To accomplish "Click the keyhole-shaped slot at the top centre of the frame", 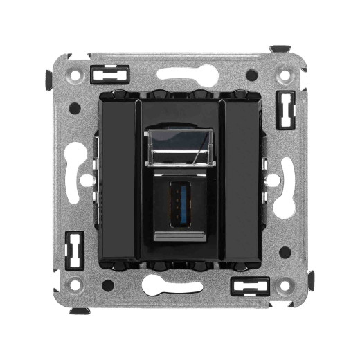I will click(180, 73).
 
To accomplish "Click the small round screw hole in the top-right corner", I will click(283, 69).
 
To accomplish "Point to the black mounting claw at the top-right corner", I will click(280, 50).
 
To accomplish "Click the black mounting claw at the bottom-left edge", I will click(79, 311).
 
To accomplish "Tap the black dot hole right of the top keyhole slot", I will click(251, 75).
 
